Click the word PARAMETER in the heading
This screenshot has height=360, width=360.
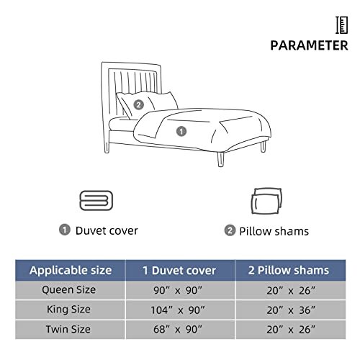(310, 45)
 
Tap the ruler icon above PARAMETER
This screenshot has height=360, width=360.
(341, 24)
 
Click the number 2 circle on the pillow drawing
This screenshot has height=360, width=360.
(138, 103)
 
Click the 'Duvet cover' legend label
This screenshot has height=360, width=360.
(107, 230)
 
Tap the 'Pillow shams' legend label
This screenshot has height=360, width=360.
(273, 231)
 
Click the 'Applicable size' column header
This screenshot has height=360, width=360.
(71, 271)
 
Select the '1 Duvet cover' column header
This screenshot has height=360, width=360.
(180, 271)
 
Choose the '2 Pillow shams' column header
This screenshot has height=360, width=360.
(287, 271)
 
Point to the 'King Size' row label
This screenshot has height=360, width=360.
(71, 310)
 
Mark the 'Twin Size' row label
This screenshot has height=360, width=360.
(71, 329)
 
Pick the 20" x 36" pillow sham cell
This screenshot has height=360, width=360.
(287, 310)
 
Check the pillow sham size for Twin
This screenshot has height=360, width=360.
(287, 329)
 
